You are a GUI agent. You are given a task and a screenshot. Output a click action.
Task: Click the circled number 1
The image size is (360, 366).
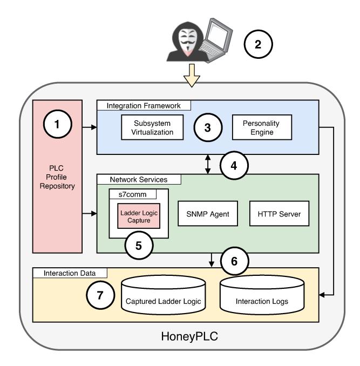pyautogui.click(x=57, y=123)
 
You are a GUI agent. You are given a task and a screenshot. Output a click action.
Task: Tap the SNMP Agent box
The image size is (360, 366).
pyautogui.click(x=208, y=214)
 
